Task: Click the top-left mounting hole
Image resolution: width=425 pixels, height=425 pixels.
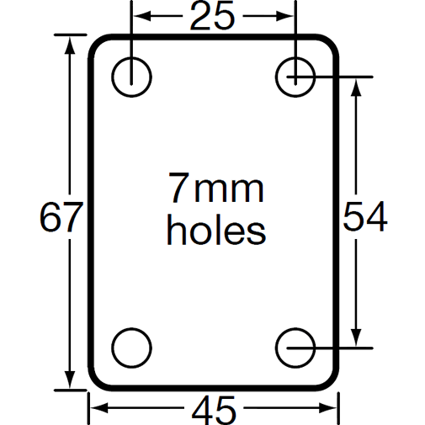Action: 132,76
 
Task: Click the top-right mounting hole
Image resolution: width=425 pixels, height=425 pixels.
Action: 296,76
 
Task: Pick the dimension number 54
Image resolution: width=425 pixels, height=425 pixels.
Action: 364,217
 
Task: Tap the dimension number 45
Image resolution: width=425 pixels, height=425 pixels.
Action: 215,410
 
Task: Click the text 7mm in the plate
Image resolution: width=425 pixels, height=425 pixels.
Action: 215,189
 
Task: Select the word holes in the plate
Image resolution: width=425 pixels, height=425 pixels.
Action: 215,229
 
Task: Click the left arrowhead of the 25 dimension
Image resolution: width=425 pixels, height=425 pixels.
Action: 139,16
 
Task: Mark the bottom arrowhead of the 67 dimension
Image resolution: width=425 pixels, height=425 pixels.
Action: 66,384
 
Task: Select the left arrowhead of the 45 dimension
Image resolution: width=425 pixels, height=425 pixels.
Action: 96,409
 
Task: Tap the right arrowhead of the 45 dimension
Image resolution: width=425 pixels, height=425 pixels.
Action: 332,409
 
